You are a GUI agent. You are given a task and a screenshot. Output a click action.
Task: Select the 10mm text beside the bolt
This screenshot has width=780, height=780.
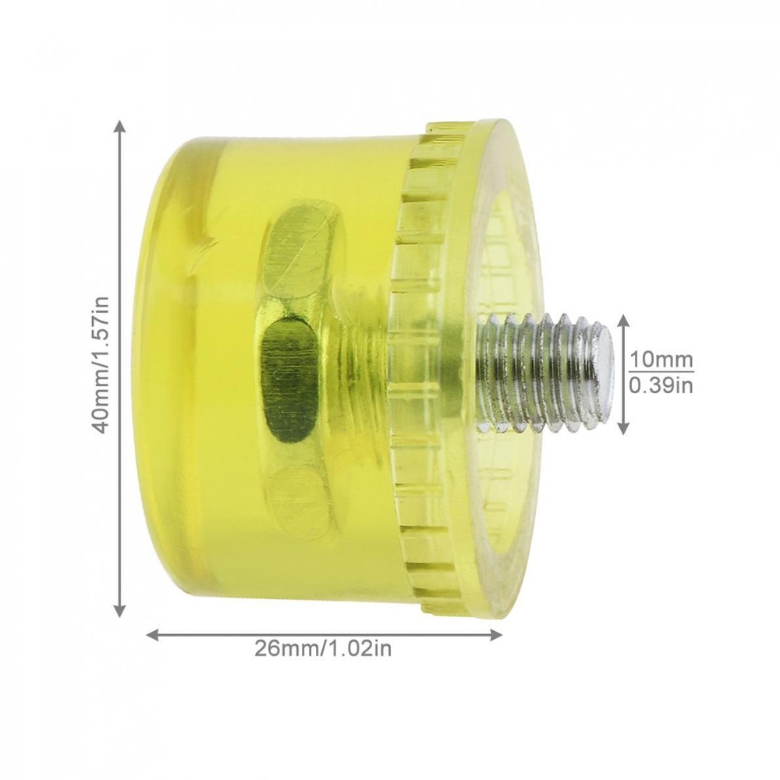(x=661, y=360)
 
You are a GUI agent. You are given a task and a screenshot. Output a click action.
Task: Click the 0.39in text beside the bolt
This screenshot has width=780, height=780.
(x=661, y=385)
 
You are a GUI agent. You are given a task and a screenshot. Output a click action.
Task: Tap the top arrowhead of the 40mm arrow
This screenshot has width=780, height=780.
(x=119, y=126)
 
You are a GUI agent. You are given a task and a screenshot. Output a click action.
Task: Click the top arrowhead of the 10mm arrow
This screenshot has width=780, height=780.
(x=623, y=320)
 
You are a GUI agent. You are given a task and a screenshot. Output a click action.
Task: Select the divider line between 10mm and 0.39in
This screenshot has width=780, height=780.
(x=661, y=372)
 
